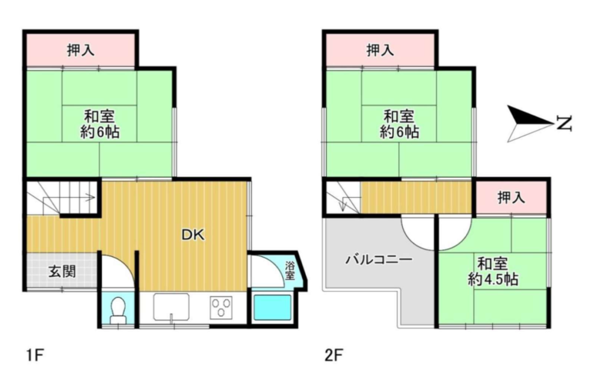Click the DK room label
(x=193, y=236)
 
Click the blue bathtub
(x=272, y=308)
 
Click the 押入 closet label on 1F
(x=81, y=51)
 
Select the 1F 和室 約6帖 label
(x=100, y=124)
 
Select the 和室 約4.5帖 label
(x=493, y=270)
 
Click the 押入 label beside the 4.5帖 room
(x=511, y=197)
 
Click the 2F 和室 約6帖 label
(x=400, y=124)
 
